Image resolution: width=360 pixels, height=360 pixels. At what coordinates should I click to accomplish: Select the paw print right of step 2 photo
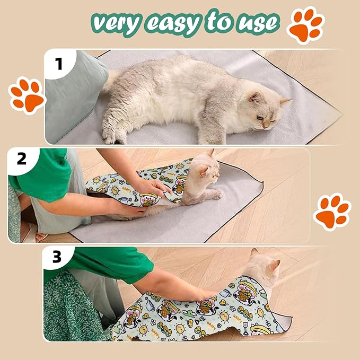[x=331, y=210]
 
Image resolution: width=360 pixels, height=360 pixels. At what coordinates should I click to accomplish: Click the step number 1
[x=59, y=64]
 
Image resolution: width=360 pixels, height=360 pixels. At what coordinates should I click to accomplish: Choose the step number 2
[x=22, y=159]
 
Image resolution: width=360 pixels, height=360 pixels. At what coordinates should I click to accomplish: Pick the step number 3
[x=57, y=258]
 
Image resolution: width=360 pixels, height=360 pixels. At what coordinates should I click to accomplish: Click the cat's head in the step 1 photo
[x=266, y=110]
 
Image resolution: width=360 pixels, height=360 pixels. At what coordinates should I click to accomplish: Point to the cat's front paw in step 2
[x=217, y=195]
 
